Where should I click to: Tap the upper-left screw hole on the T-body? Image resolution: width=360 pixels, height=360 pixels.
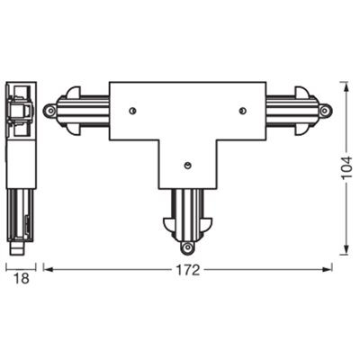tap(132, 111)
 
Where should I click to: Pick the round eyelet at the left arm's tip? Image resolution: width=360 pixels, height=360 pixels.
tap(51, 111)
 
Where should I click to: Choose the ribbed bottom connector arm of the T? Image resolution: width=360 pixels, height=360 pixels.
tap(187, 211)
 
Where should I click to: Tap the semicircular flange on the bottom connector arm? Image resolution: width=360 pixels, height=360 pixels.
tap(187, 230)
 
